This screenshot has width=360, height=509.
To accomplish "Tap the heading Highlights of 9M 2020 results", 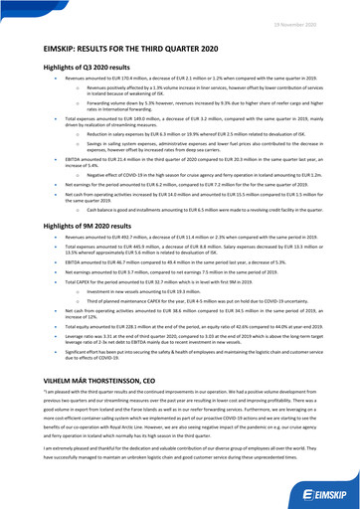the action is click(x=71, y=227).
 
